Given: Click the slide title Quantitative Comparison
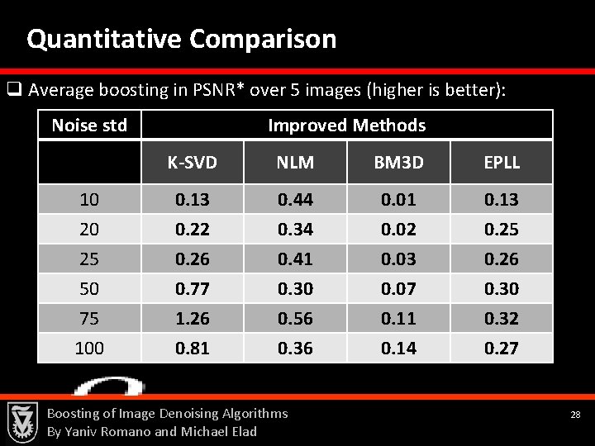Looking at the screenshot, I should pyautogui.click(x=181, y=39).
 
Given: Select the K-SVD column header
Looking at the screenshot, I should pyautogui.click(x=192, y=163).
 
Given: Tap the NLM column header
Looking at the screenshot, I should pyautogui.click(x=295, y=163).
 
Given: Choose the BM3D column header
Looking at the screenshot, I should pyautogui.click(x=398, y=163).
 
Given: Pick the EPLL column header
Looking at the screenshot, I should pyautogui.click(x=502, y=163).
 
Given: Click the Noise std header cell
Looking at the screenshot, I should pyautogui.click(x=89, y=126).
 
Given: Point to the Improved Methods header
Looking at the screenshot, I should pyautogui.click(x=346, y=126).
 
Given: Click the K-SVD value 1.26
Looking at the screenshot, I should pyautogui.click(x=192, y=318).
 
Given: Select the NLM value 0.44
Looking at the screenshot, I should pyautogui.click(x=295, y=199).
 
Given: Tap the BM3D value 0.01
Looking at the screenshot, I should pyautogui.click(x=398, y=199).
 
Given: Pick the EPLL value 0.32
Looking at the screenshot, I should pyautogui.click(x=502, y=318).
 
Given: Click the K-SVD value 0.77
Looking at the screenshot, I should pyautogui.click(x=192, y=288).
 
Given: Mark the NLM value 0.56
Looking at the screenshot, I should pyautogui.click(x=295, y=318).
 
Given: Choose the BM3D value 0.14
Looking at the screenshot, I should pyautogui.click(x=398, y=348).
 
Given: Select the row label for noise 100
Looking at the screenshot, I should pyautogui.click(x=89, y=348).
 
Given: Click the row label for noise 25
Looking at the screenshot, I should pyautogui.click(x=89, y=259).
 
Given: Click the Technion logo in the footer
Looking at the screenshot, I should pyautogui.click(x=22, y=421).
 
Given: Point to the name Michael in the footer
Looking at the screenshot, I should pyautogui.click(x=204, y=431).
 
